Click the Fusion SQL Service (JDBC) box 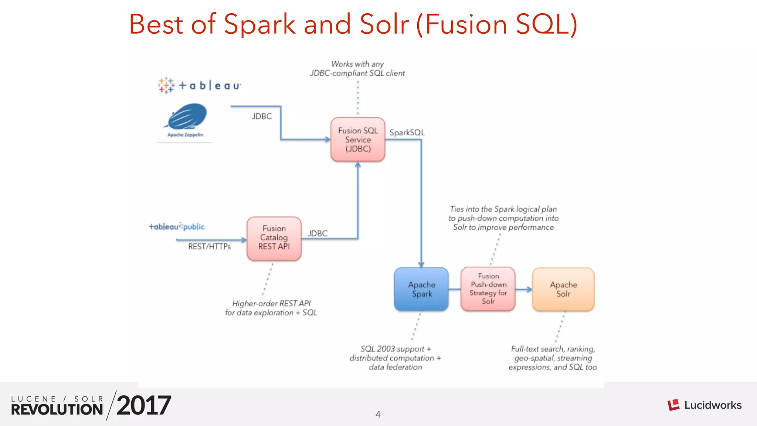point(358,139)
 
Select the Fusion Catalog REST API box point(274,238)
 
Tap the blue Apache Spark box point(421,289)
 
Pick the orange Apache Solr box point(563,289)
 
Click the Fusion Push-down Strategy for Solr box point(488,289)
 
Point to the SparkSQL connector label point(407,133)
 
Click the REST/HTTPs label point(209,247)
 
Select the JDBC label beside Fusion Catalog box point(318,234)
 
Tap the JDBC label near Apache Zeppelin point(262,116)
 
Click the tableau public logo point(177,227)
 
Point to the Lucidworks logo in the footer point(705,405)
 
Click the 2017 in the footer point(144,406)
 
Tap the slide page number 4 point(378,415)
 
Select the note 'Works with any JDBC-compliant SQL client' point(357,69)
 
